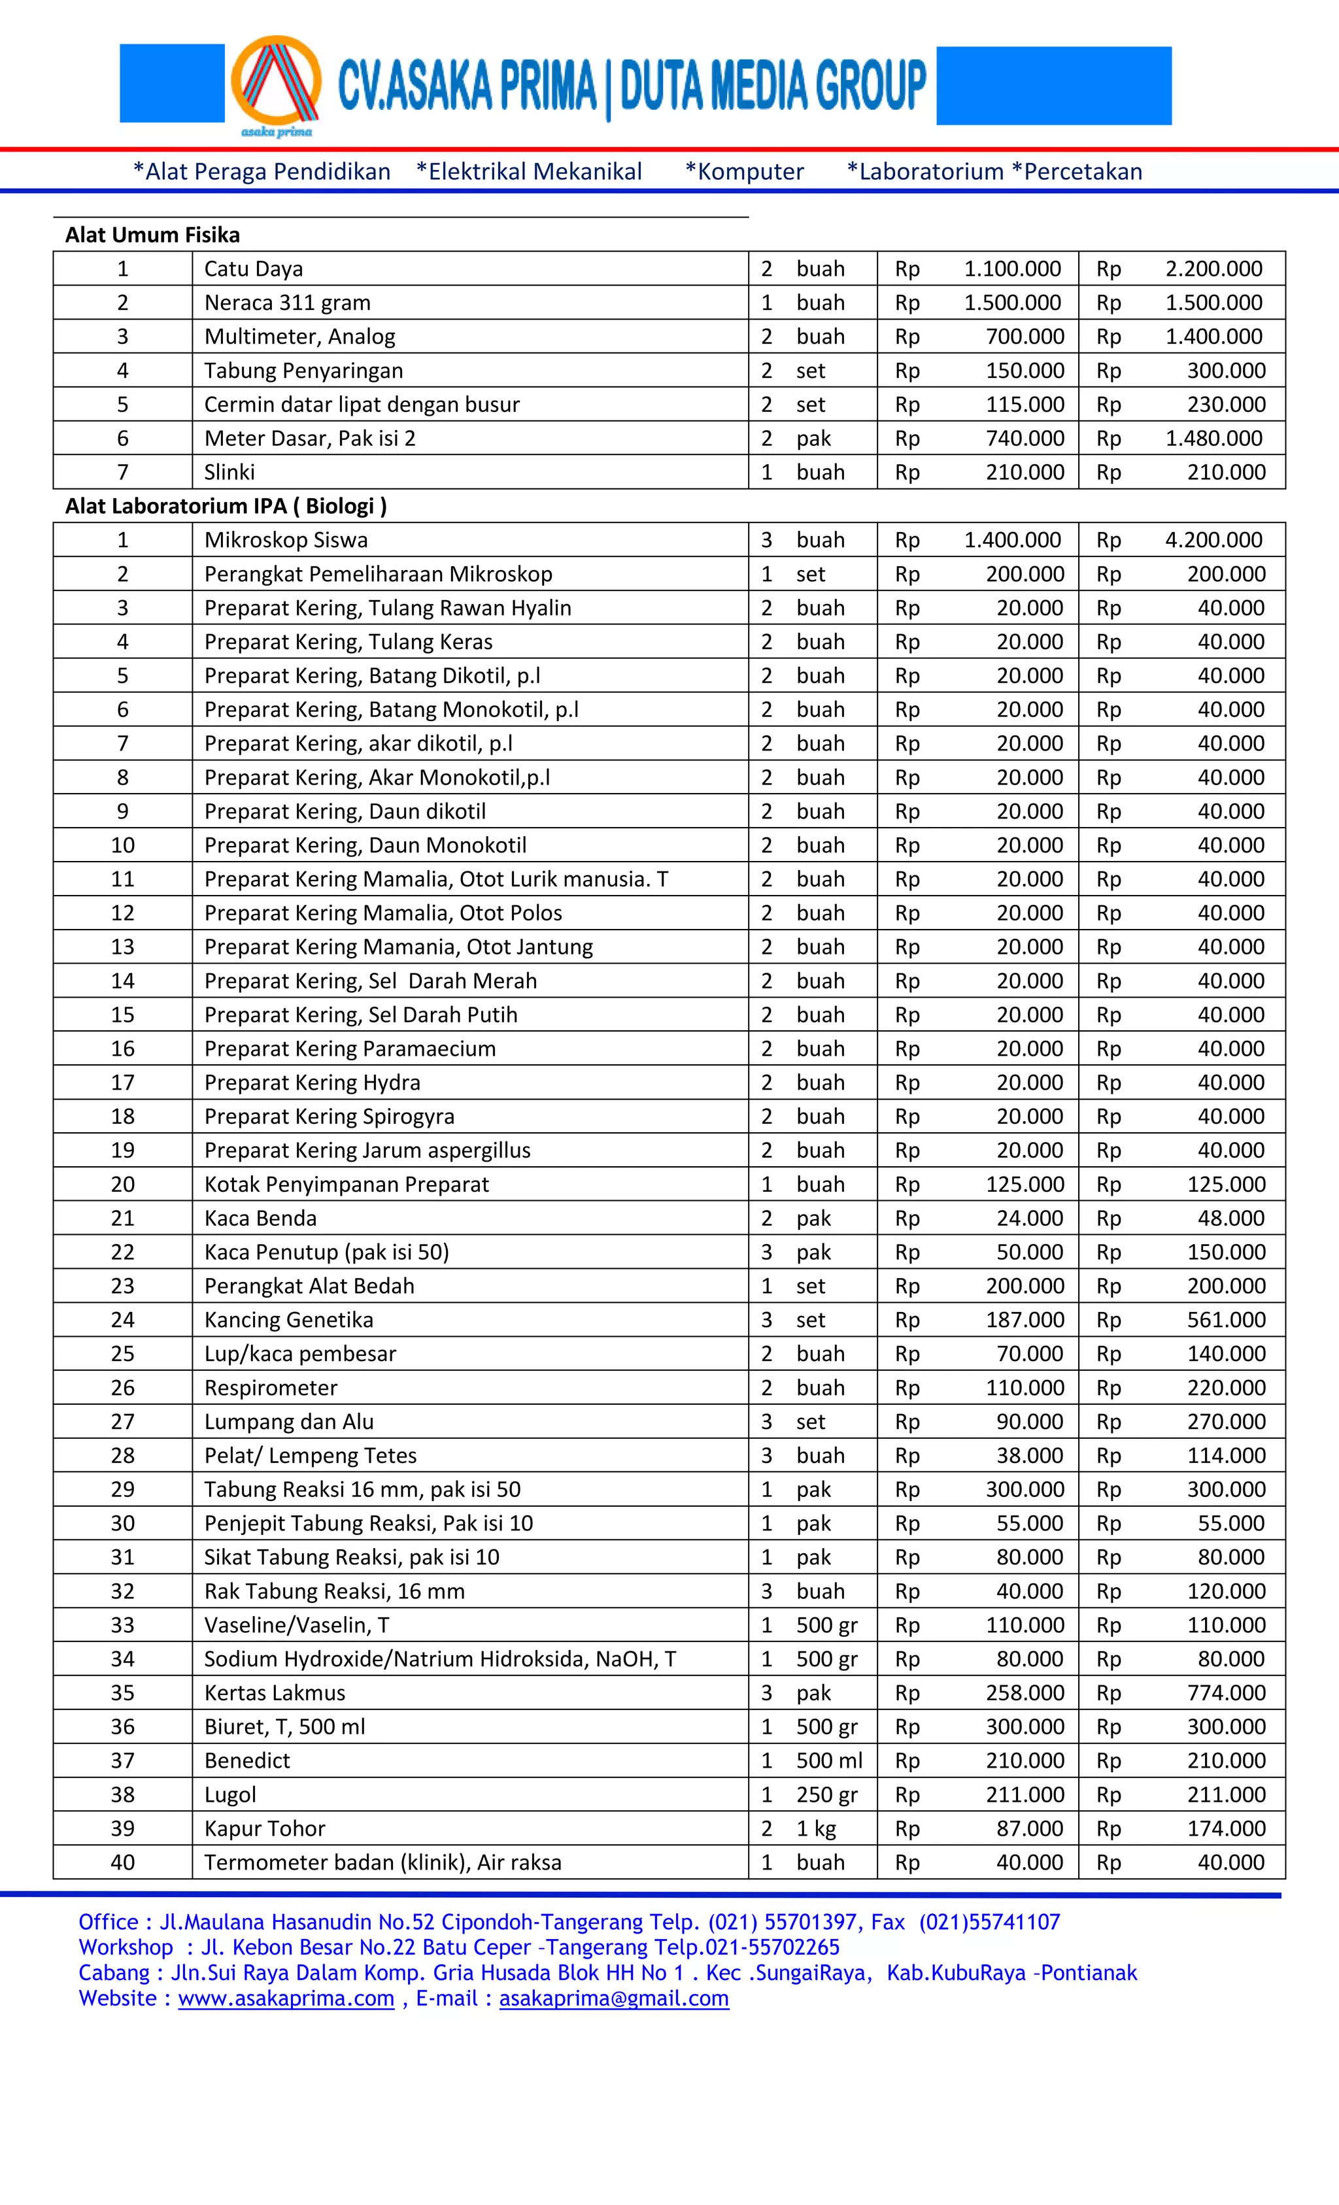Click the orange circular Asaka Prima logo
pyautogui.click(x=276, y=82)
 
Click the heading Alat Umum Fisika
pyautogui.click(x=152, y=235)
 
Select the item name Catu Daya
pyautogui.click(x=253, y=269)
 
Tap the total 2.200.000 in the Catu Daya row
pyautogui.click(x=1213, y=269)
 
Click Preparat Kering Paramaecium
pyautogui.click(x=349, y=1049)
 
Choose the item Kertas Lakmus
pyautogui.click(x=274, y=1693)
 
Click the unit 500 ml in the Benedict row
pyautogui.click(x=829, y=1761)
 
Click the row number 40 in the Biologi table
pyautogui.click(x=123, y=1863)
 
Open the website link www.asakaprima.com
pyautogui.click(x=286, y=1998)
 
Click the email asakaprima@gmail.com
pyautogui.click(x=613, y=1998)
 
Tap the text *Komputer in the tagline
pyautogui.click(x=744, y=172)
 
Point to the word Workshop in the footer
pyautogui.click(x=126, y=1947)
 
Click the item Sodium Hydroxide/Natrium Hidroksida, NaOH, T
pyautogui.click(x=439, y=1659)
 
